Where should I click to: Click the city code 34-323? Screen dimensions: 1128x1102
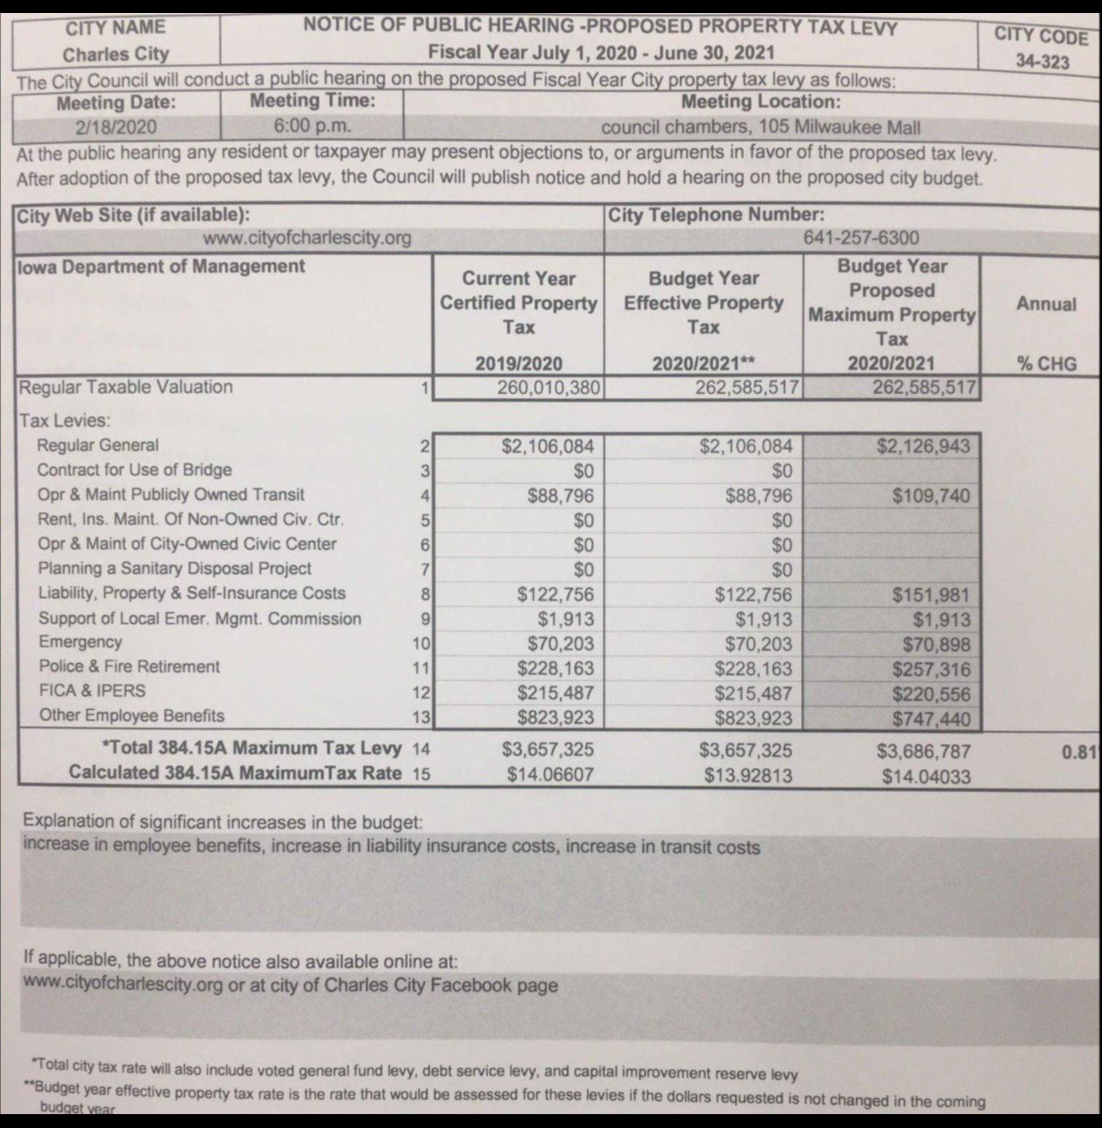[x=1042, y=62]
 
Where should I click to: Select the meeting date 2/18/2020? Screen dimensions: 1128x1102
[x=116, y=127]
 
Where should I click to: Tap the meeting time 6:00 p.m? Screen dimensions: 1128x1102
[x=312, y=126]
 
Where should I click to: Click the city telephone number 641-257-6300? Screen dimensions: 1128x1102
[x=861, y=238]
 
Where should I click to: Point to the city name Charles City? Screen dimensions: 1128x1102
[x=116, y=55]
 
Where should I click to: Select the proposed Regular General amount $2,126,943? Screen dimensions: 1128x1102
[x=923, y=446]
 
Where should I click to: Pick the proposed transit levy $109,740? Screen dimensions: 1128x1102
[x=931, y=496]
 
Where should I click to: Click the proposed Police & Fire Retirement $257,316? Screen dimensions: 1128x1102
[x=931, y=669]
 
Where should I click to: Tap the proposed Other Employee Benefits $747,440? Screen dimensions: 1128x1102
[x=931, y=719]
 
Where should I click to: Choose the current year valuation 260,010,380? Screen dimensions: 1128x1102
[x=548, y=388]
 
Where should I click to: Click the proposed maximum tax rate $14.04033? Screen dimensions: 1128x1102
[x=926, y=777]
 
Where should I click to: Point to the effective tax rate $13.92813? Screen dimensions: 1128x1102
[x=748, y=775]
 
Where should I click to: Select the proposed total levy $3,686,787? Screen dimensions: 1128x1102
[x=923, y=751]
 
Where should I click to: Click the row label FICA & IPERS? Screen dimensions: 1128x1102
[x=92, y=691]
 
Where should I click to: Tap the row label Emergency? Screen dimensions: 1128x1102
[x=80, y=642]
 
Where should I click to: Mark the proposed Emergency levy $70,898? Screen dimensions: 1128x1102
[x=936, y=644]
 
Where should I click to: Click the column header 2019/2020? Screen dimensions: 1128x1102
[x=519, y=364]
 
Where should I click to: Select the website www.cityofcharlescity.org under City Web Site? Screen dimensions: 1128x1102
[x=307, y=238]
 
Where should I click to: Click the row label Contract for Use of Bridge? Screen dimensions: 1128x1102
[x=135, y=470]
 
